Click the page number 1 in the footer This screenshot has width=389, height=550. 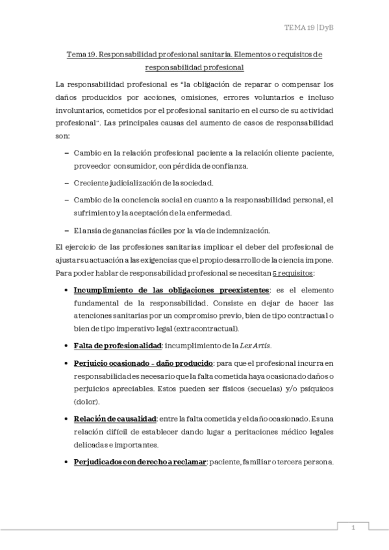353,528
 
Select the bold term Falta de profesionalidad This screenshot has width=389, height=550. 117,344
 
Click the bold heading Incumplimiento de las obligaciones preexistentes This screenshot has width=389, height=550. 171,289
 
